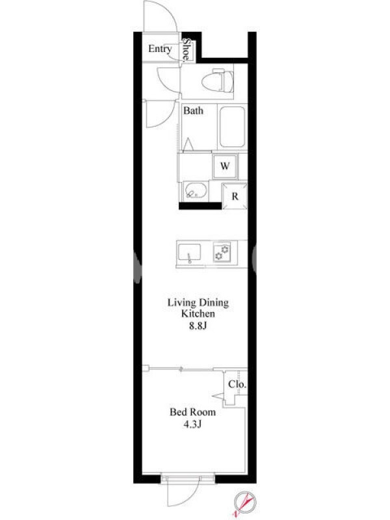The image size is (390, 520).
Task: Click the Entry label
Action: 160,49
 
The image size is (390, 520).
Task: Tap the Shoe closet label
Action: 187,49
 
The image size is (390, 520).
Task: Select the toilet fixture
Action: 217,81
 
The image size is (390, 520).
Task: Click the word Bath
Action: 193,110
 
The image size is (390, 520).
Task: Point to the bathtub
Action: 232,127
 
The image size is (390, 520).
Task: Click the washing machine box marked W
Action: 225,166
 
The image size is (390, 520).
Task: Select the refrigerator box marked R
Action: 235,196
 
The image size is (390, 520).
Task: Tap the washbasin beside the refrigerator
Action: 195,191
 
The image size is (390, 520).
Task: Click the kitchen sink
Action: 189,253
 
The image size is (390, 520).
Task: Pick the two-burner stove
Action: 222,252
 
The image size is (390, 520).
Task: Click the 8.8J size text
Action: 198,326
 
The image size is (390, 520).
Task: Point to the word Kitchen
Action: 198,313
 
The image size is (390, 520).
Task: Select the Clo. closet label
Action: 237,384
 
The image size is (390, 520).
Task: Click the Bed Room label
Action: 192,412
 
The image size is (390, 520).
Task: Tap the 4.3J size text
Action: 192,424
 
